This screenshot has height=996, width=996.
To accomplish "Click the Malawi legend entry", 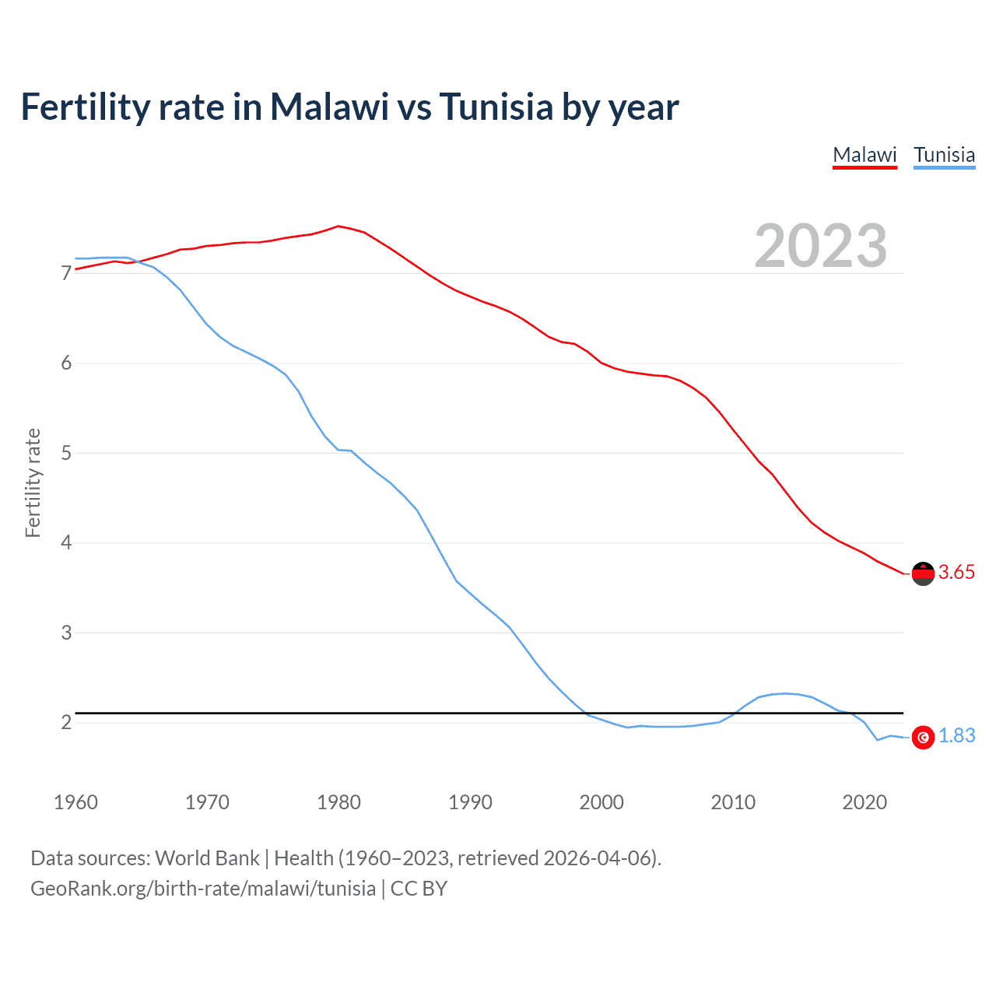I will (x=864, y=155).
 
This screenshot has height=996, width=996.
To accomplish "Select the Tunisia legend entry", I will (x=944, y=155).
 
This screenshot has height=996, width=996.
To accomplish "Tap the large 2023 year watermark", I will (x=821, y=246).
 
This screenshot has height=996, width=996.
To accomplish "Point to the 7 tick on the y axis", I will (x=66, y=273).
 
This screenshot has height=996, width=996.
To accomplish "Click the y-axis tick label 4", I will (x=66, y=542).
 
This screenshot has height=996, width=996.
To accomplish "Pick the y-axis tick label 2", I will (x=66, y=722).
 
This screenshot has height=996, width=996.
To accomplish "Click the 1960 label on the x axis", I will (x=75, y=802).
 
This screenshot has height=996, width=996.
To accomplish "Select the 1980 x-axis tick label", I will (x=338, y=802).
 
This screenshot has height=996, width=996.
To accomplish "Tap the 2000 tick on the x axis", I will (x=601, y=802).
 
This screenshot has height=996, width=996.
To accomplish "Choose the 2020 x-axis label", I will (x=864, y=802).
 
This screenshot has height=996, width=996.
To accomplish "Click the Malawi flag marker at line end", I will (x=923, y=573).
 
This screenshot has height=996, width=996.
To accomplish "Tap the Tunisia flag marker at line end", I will (x=923, y=737).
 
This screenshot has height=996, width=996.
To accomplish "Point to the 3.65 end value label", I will (x=956, y=573).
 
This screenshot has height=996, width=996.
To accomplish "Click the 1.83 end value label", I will (x=956, y=736).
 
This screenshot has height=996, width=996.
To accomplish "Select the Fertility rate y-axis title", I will (x=33, y=482).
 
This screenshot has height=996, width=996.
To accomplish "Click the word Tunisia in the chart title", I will (x=496, y=107).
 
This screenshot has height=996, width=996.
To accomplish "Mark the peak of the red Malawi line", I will (x=338, y=226).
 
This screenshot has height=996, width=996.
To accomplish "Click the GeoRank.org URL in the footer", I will (x=203, y=889).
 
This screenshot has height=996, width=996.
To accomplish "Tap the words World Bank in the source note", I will (x=207, y=858).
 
